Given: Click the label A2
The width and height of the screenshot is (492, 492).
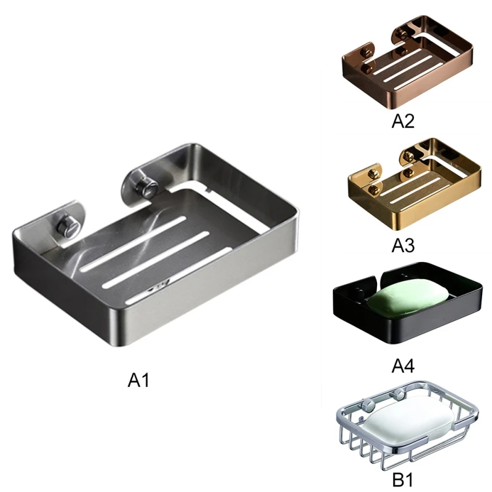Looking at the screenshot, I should click(403, 121).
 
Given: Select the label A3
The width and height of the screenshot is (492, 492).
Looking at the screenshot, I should click(403, 245).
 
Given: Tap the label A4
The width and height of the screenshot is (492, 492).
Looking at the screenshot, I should click(403, 366).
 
